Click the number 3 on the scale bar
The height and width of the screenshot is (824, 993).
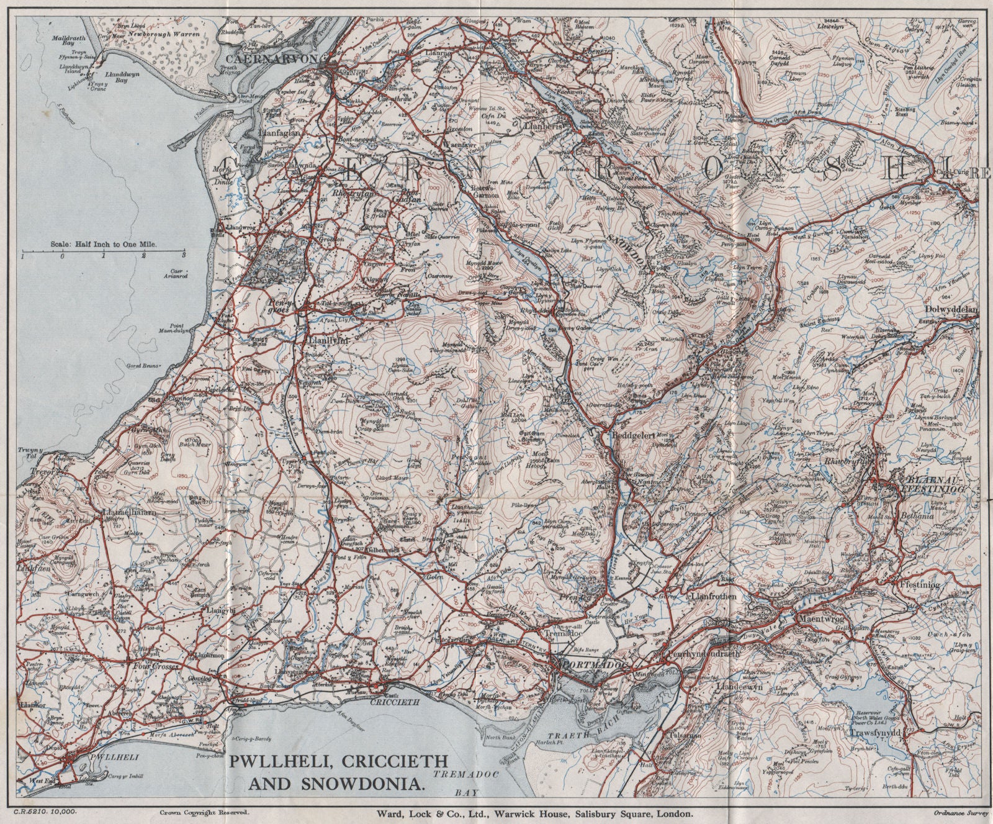pos(184,255)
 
